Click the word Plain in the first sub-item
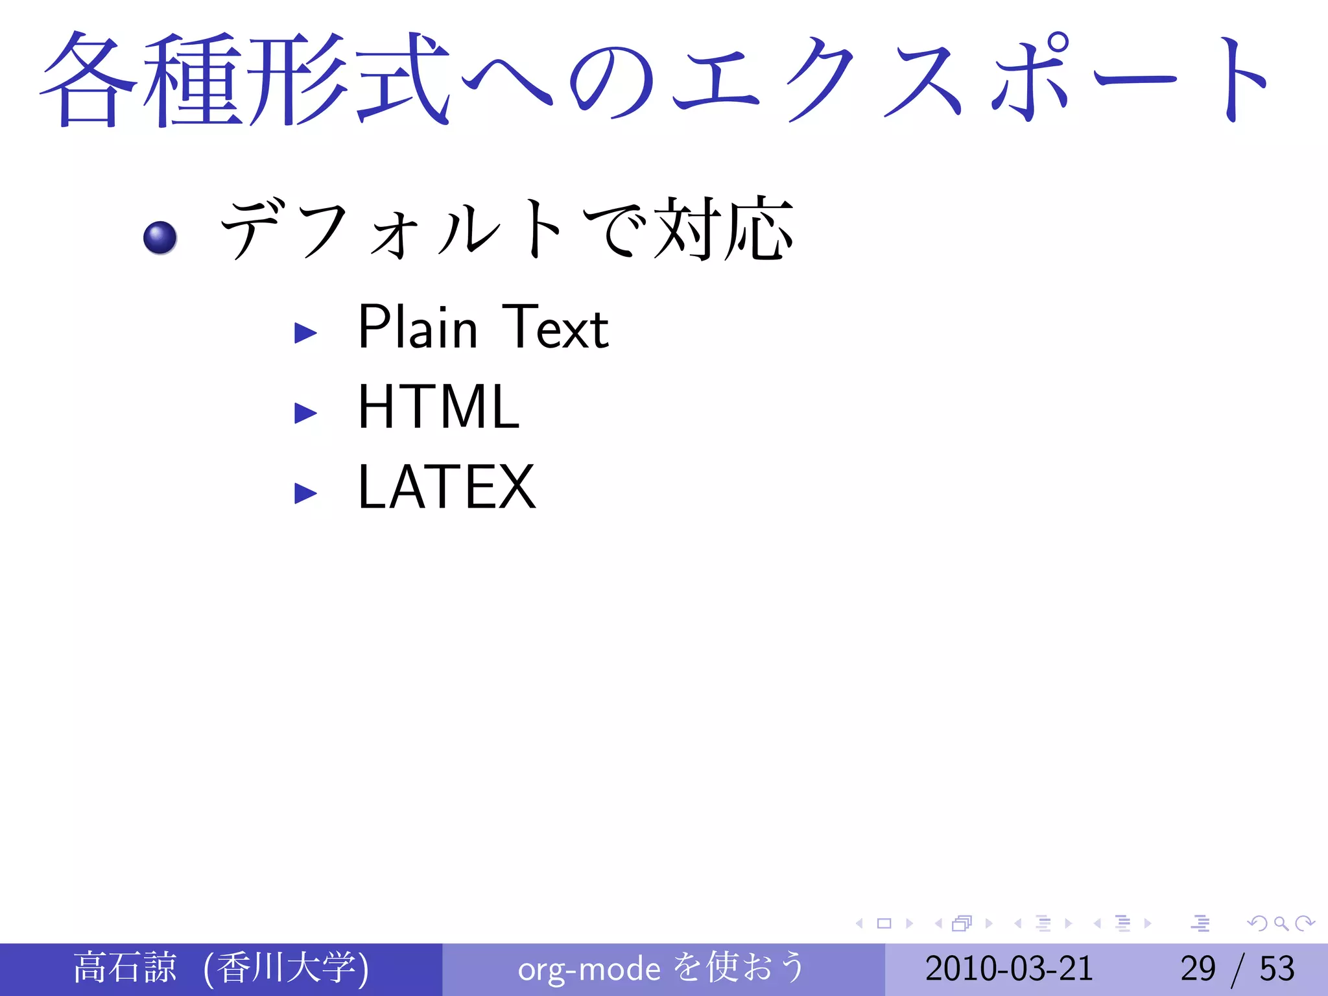point(418,327)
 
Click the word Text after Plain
point(555,327)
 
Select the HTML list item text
point(438,407)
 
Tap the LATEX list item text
point(446,488)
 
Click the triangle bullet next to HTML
point(305,413)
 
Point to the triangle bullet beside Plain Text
point(305,333)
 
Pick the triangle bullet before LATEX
point(305,493)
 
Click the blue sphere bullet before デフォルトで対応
point(160,237)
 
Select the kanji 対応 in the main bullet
point(724,228)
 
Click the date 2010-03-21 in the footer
point(1009,969)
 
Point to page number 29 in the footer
point(1198,969)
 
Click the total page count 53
point(1277,969)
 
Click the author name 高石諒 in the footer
point(124,967)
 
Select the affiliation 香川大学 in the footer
point(286,967)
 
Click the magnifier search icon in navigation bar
point(1281,923)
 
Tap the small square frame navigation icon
point(884,923)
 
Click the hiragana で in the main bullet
point(615,228)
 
